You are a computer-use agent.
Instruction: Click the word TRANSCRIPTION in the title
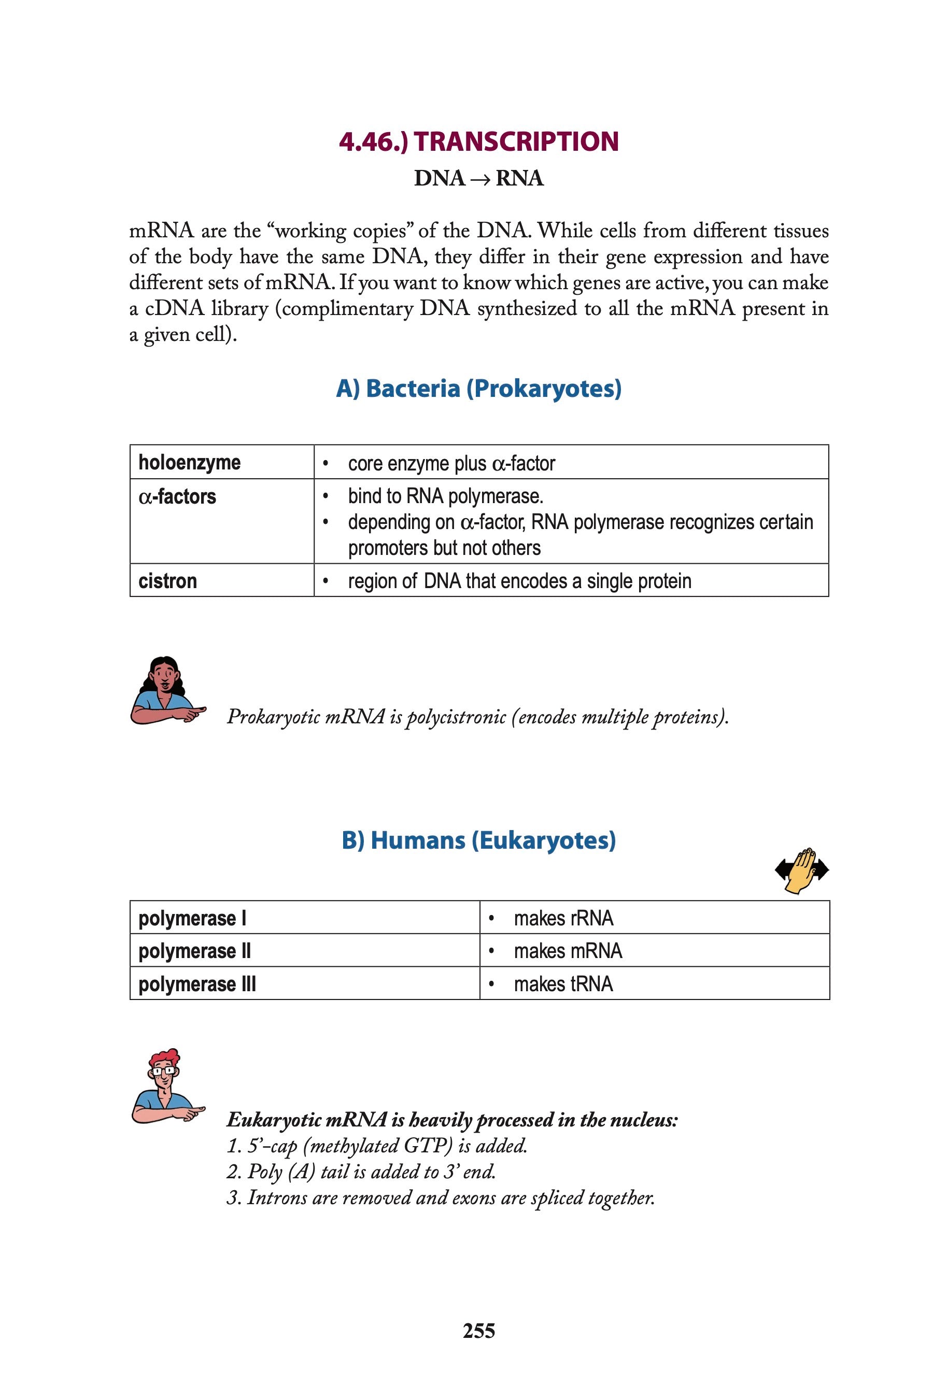click(516, 141)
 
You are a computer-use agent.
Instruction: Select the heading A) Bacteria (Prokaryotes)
click(478, 389)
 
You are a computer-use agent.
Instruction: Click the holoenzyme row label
click(189, 462)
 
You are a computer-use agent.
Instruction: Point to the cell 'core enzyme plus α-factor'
click(451, 463)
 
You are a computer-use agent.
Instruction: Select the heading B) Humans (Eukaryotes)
click(478, 840)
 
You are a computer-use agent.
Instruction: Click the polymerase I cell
click(192, 918)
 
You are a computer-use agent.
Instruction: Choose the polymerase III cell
click(197, 984)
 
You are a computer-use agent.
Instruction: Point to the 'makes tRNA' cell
click(563, 984)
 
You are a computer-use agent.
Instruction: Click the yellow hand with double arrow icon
click(801, 870)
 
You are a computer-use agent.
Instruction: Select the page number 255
click(478, 1330)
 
